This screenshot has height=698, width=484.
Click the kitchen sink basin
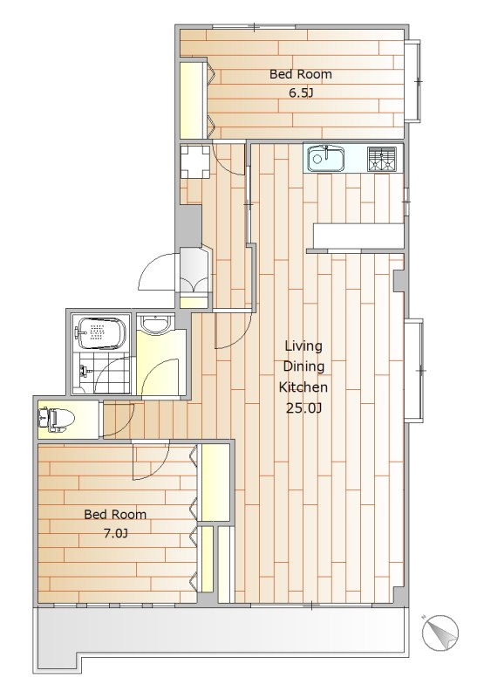pyautogui.click(x=325, y=159)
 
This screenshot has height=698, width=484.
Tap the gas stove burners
pyautogui.click(x=381, y=159)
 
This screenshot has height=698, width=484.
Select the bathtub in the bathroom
pyautogui.click(x=101, y=333)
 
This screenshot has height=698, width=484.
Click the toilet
pyautogui.click(x=57, y=420)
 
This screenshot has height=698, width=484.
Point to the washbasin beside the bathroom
pyautogui.click(x=154, y=323)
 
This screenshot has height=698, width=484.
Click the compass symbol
pyautogui.click(x=440, y=633)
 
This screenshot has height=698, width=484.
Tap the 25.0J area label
pyautogui.click(x=303, y=408)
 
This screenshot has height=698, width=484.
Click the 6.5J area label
pyautogui.click(x=301, y=93)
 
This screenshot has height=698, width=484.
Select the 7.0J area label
pyautogui.click(x=116, y=533)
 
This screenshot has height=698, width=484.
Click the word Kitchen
pyautogui.click(x=303, y=387)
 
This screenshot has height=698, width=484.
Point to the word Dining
pyautogui.click(x=303, y=366)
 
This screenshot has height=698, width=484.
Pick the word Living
pyautogui.click(x=303, y=346)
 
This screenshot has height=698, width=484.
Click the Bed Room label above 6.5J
pyautogui.click(x=301, y=74)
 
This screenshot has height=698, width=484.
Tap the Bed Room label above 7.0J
pyautogui.click(x=115, y=514)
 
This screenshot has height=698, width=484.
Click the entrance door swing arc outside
pyautogui.click(x=147, y=266)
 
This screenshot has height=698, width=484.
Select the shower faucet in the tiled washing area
pyautogui.click(x=84, y=370)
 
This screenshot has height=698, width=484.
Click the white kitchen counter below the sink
pyautogui.click(x=358, y=236)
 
